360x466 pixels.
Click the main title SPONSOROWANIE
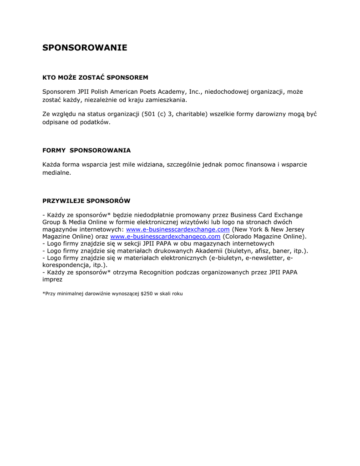tap(85, 48)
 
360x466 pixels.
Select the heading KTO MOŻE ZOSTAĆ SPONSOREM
tap(95, 77)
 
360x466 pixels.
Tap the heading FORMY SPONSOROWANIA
tap(86, 150)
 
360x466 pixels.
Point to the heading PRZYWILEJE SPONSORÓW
tap(86, 200)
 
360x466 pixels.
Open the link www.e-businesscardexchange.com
tap(177, 229)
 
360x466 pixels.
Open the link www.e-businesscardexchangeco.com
tap(165, 237)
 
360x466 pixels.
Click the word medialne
tap(57, 172)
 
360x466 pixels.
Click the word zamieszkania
tap(164, 100)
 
